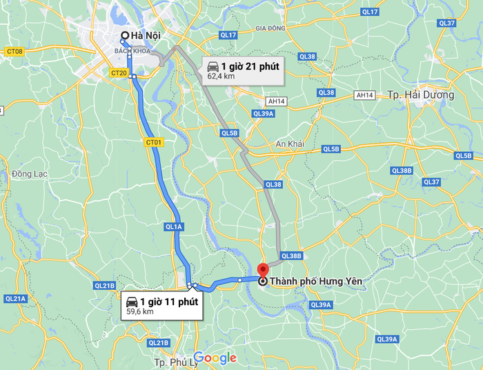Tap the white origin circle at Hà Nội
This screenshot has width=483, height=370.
click(124, 36)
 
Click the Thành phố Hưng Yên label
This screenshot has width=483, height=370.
click(316, 281)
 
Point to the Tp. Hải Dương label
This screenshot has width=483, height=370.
click(421, 95)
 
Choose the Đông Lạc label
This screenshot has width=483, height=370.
click(30, 173)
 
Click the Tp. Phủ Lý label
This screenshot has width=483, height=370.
click(172, 362)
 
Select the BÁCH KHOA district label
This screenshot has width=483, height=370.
click(132, 51)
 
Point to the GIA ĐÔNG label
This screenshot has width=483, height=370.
click(270, 28)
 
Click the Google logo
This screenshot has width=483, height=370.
click(215, 358)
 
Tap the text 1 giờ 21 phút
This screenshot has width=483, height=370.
click(250, 66)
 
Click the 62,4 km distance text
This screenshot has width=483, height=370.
click(221, 77)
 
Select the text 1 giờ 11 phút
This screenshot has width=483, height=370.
click(169, 302)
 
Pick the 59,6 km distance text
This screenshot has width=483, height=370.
click(139, 312)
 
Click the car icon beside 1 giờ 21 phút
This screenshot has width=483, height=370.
click(213, 66)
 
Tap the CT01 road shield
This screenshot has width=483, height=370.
click(154, 142)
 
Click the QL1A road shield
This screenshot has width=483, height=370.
click(173, 226)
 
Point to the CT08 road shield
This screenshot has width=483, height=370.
click(14, 52)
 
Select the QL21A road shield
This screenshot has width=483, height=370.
click(15, 299)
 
